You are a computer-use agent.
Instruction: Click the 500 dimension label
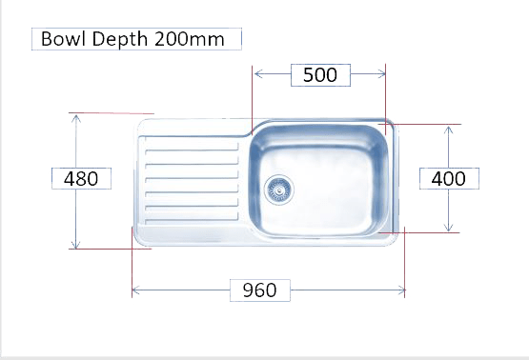tap(320, 75)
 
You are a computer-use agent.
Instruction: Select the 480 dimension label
tap(81, 179)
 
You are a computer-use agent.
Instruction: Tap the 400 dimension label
tap(449, 179)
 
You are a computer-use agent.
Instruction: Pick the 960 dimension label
tap(259, 290)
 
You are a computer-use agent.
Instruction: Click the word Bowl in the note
tap(63, 39)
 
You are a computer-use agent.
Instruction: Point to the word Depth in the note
tap(120, 39)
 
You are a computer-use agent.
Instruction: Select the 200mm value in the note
tap(190, 39)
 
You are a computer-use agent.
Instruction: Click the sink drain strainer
tap(279, 190)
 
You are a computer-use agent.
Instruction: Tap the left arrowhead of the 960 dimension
tap(136, 290)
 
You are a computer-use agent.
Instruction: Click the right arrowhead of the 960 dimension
tap(400, 290)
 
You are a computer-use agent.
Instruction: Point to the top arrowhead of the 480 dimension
tap(76, 119)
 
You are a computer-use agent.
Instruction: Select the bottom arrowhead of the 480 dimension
tap(76, 245)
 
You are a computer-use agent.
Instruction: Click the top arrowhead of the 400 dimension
tap(448, 130)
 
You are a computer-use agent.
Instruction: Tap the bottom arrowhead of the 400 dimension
tap(448, 228)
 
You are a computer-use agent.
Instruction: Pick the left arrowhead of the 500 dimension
tap(258, 74)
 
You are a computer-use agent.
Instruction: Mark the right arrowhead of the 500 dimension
tap(381, 74)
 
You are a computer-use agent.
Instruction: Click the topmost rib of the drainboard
tap(192, 150)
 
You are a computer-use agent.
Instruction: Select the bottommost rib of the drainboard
tap(192, 221)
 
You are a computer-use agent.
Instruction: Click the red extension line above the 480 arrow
tap(112, 113)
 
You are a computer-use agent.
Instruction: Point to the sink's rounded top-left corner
tap(142, 123)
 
